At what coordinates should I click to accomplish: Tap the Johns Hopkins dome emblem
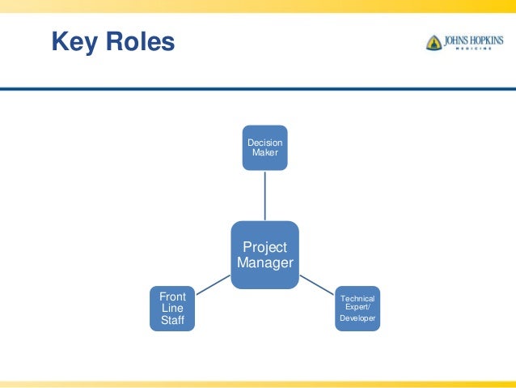[x=434, y=42]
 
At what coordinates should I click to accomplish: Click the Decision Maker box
[x=265, y=147]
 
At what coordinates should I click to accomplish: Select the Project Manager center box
[x=265, y=254]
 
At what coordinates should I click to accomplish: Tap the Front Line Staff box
[x=172, y=309]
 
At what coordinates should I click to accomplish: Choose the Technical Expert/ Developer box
[x=357, y=309]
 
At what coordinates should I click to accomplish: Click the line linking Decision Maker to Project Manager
[x=265, y=195]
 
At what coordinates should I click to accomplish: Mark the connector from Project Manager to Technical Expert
[x=317, y=283]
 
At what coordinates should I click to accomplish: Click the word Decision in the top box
[x=265, y=143]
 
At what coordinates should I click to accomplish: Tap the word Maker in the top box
[x=265, y=152]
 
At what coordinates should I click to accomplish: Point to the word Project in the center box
[x=265, y=246]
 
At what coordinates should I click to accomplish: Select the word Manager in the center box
[x=265, y=262]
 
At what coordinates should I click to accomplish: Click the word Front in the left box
[x=172, y=297]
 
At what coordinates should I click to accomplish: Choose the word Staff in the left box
[x=172, y=322]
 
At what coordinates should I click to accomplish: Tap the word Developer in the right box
[x=357, y=318]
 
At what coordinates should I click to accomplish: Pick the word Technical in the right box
[x=357, y=299]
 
